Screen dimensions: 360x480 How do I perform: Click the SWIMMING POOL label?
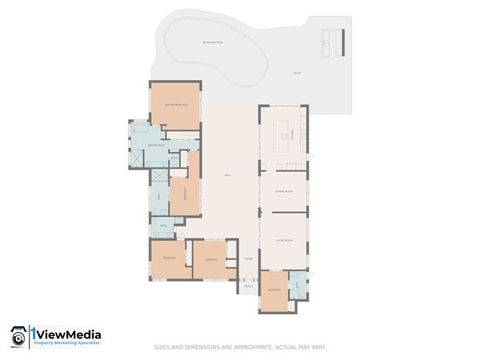[x=213, y=43]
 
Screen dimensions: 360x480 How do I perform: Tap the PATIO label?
[x=296, y=73]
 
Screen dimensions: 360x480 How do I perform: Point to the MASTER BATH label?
[x=155, y=145]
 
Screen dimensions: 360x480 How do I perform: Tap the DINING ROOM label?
[x=284, y=192]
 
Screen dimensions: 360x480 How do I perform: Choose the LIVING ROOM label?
[x=284, y=240]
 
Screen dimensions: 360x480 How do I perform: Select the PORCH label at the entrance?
[x=248, y=286]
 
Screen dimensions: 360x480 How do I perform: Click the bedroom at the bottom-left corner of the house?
[x=168, y=257]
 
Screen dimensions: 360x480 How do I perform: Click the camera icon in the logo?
[x=18, y=337]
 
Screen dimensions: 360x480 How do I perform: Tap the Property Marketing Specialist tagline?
[x=68, y=344]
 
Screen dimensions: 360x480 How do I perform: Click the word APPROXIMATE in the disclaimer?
[x=247, y=347]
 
